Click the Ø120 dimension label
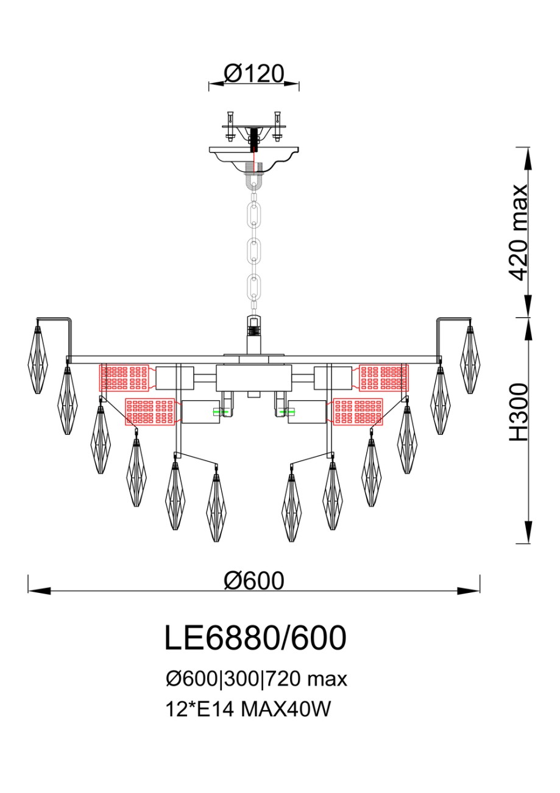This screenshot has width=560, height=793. coord(254,74)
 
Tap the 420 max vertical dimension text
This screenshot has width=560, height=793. coord(517,232)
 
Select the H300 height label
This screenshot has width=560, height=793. coord(519,412)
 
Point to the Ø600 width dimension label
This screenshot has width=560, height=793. coord(254,581)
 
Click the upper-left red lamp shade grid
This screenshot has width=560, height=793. coord(124,378)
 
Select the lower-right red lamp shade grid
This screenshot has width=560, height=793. coord(358,412)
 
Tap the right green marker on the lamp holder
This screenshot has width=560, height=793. coord(287,412)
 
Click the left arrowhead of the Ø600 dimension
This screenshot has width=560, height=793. coord(39,591)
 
